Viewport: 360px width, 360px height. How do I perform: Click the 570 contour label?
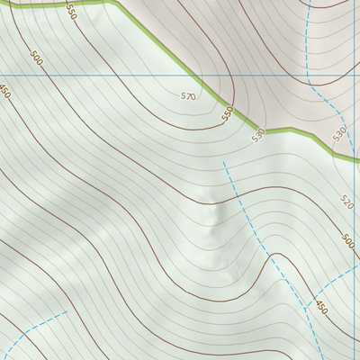[x=188, y=95]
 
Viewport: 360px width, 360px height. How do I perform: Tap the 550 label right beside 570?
[x=228, y=113]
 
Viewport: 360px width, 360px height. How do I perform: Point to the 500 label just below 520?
[x=348, y=240]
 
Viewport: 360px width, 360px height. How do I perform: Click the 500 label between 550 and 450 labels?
[x=36, y=58]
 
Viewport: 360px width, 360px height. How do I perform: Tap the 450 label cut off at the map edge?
[x=4, y=91]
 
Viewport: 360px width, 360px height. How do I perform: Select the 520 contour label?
[x=348, y=201]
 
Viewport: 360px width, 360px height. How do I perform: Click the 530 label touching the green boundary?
[x=259, y=135]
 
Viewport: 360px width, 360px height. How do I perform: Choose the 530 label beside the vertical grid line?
[x=338, y=133]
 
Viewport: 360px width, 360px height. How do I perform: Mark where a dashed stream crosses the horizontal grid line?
[x=310, y=76]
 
